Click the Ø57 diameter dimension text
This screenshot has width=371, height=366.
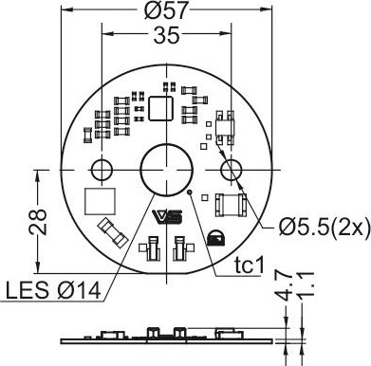[166, 12]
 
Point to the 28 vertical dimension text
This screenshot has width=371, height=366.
[36, 222]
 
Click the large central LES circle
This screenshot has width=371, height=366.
[166, 171]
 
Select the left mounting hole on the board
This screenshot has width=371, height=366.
[101, 171]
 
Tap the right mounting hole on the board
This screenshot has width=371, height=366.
[231, 171]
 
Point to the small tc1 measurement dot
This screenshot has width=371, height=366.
[191, 193]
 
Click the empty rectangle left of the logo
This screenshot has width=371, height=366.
[101, 203]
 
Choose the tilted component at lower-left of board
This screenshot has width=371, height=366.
[111, 230]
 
